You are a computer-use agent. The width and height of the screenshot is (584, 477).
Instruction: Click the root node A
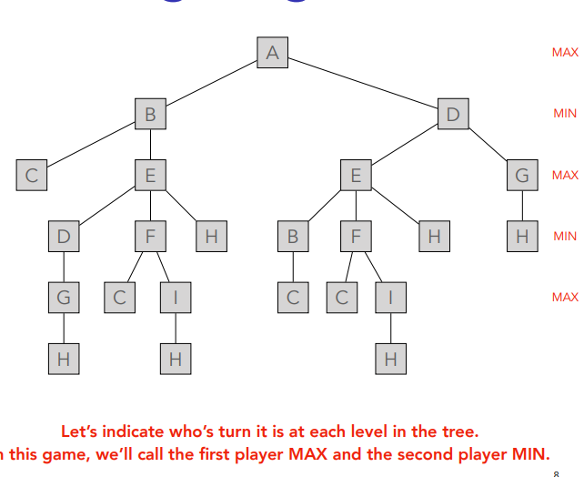pos(271,53)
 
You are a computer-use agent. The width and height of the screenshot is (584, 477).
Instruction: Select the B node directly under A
pos(150,115)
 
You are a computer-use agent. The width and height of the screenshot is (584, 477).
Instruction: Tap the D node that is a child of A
pos(452,115)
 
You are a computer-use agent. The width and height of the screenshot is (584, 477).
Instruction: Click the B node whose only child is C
pos(293,237)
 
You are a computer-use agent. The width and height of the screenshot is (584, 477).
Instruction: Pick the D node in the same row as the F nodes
pos(63,237)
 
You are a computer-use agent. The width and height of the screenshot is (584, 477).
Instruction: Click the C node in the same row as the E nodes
pos(31,175)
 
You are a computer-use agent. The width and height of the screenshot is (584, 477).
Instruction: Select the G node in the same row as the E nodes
pos(521,175)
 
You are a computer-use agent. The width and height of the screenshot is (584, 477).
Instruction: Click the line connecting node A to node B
pos(210,84)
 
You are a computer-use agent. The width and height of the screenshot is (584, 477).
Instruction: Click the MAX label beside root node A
pos(565,53)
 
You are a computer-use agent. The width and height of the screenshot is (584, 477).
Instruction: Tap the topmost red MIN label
pos(565,114)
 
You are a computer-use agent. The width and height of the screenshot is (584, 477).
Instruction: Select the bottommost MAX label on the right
pos(565,297)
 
